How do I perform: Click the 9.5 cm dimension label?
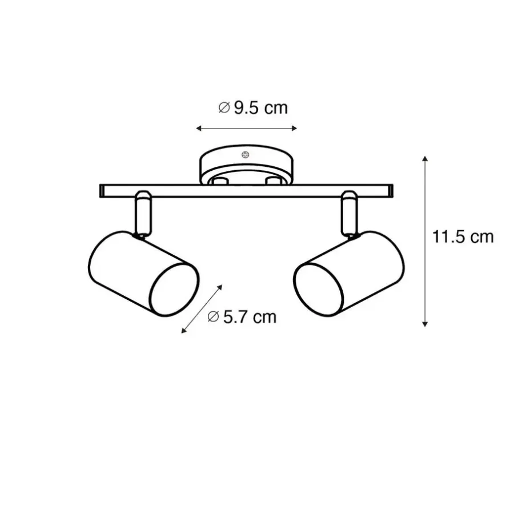(x=253, y=108)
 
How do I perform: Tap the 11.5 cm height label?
(x=463, y=236)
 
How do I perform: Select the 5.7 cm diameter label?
(x=242, y=317)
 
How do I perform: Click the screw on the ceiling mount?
(x=245, y=155)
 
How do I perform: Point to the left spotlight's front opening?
(x=175, y=290)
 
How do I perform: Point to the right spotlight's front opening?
(x=318, y=290)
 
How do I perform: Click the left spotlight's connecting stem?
(x=143, y=213)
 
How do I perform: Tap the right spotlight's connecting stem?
(x=350, y=213)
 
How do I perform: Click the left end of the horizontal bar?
(x=101, y=191)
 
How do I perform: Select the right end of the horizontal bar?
(x=391, y=191)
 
